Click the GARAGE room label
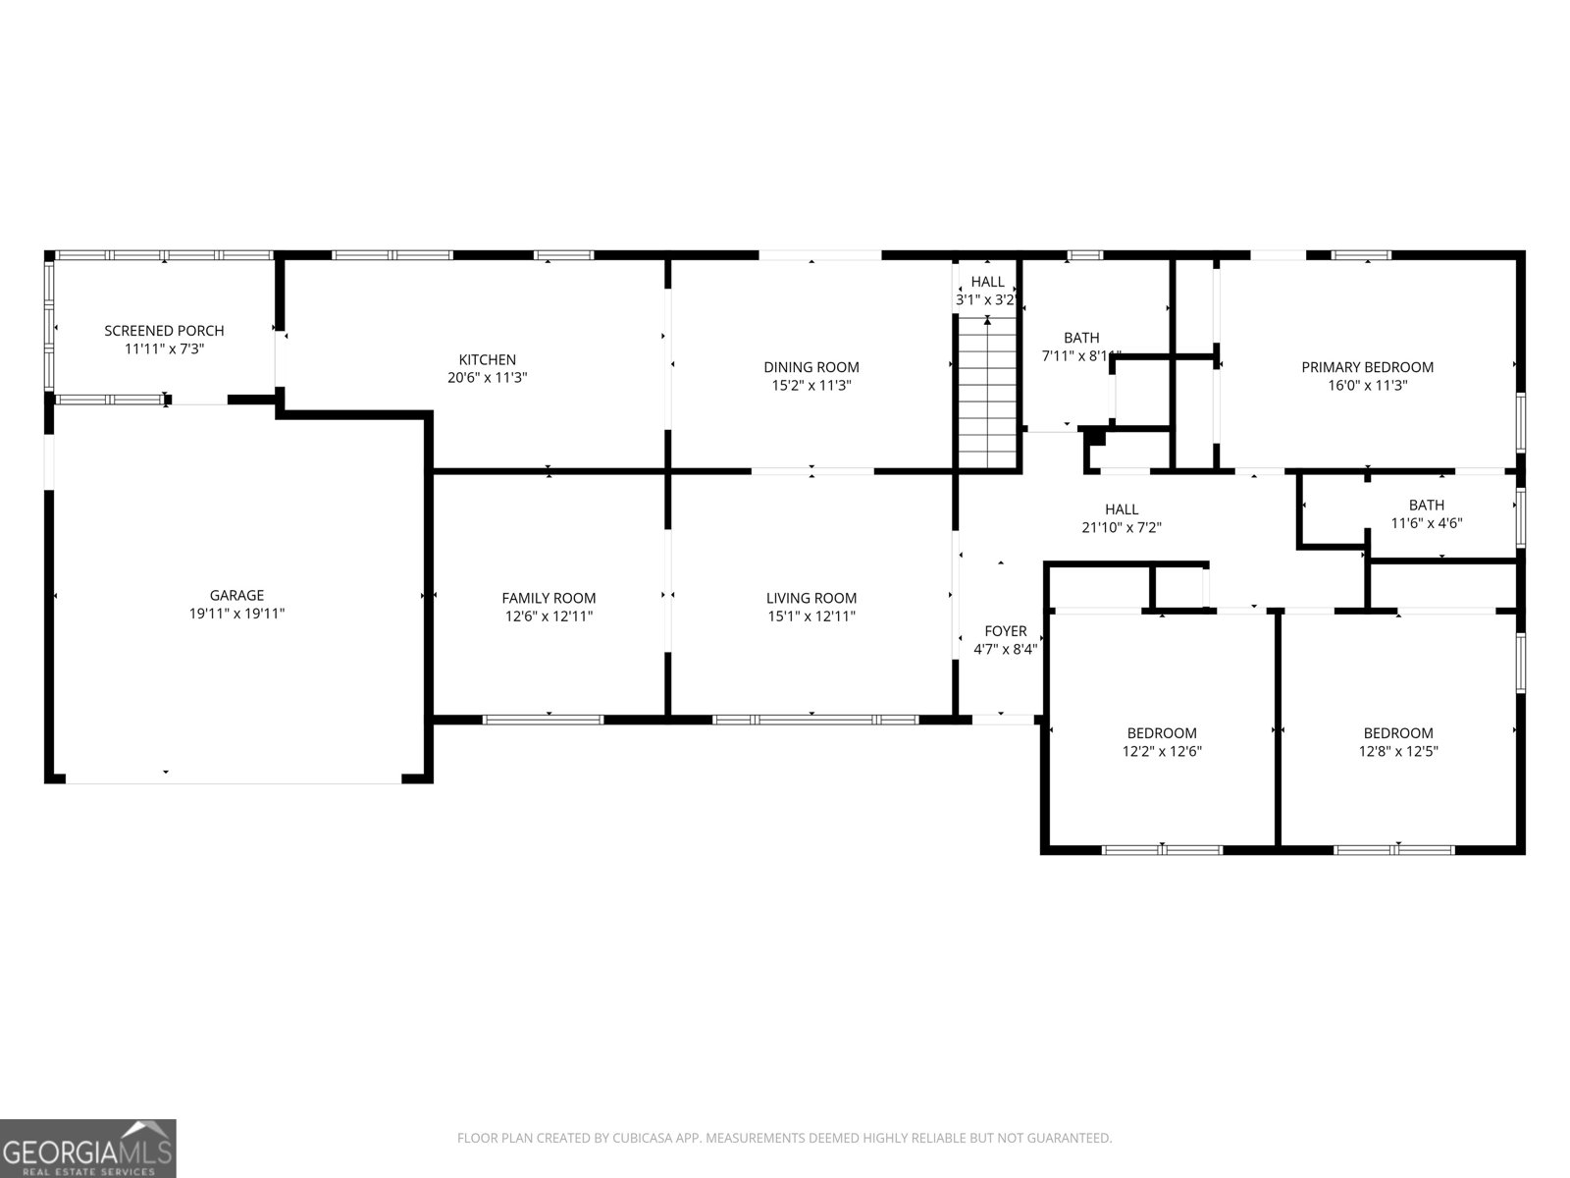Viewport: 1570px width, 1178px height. tap(236, 595)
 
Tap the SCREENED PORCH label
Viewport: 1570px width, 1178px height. tap(164, 331)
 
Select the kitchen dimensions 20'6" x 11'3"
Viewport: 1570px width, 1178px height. tap(488, 378)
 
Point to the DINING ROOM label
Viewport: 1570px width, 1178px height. tap(811, 367)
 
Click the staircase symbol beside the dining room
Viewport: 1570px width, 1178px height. tap(987, 393)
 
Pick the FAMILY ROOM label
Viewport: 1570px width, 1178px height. tap(549, 598)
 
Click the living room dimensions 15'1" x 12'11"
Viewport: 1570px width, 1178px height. tap(811, 616)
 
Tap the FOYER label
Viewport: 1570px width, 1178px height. tap(1006, 631)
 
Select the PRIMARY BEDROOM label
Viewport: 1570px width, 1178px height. tap(1367, 367)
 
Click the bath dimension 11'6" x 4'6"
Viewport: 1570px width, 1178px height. tap(1427, 523)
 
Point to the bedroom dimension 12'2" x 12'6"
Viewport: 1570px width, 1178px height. tap(1162, 751)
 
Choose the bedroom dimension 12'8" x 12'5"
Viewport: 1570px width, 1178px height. tap(1398, 751)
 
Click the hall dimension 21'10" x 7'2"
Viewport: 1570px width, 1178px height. tap(1122, 527)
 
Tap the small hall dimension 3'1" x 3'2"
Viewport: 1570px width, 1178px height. tap(986, 300)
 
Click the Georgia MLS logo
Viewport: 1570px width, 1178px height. tap(88, 1149)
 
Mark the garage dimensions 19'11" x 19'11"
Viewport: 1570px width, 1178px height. tap(236, 614)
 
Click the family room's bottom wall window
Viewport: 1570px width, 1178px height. tap(544, 720)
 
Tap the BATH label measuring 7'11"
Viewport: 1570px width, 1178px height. tap(1081, 338)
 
